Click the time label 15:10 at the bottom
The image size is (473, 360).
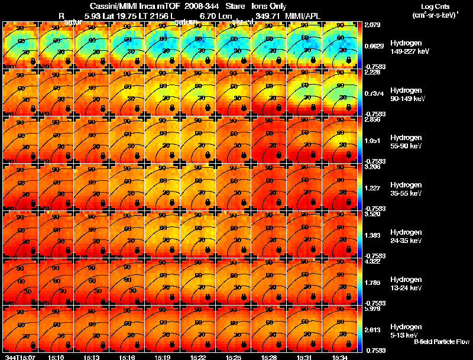56,357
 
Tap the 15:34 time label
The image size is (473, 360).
339,357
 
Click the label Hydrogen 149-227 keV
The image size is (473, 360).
406,47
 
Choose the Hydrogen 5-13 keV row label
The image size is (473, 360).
406,331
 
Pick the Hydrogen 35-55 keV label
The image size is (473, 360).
406,189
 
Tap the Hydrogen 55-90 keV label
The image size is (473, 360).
406,142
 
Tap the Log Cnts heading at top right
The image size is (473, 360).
434,6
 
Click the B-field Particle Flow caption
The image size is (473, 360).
441,342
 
